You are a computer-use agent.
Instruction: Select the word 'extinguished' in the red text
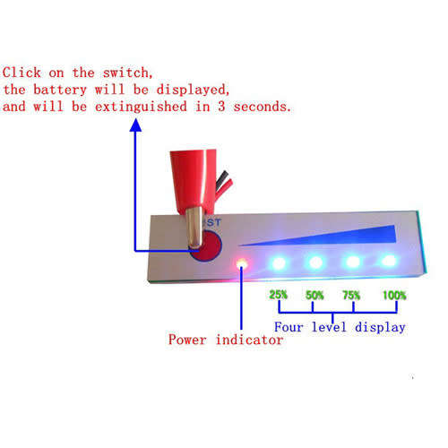(x=141, y=107)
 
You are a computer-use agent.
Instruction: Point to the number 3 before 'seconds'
(x=221, y=107)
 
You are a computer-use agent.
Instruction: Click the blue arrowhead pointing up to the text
(x=135, y=125)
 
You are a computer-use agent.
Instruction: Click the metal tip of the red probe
(x=195, y=228)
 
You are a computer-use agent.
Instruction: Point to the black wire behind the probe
(x=221, y=178)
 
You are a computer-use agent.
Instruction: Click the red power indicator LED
(x=242, y=263)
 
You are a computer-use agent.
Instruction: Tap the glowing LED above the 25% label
(x=279, y=263)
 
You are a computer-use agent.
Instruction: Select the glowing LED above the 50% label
(x=315, y=263)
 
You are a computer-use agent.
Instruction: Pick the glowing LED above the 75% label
(x=353, y=262)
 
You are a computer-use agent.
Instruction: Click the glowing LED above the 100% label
(x=389, y=261)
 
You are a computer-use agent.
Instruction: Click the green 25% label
(x=279, y=295)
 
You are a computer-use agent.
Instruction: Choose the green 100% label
(x=394, y=296)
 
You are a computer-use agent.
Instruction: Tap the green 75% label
(x=351, y=295)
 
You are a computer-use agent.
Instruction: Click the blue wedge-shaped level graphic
(x=343, y=236)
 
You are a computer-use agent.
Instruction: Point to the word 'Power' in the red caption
(x=187, y=340)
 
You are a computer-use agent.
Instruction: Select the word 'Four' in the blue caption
(x=289, y=327)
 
